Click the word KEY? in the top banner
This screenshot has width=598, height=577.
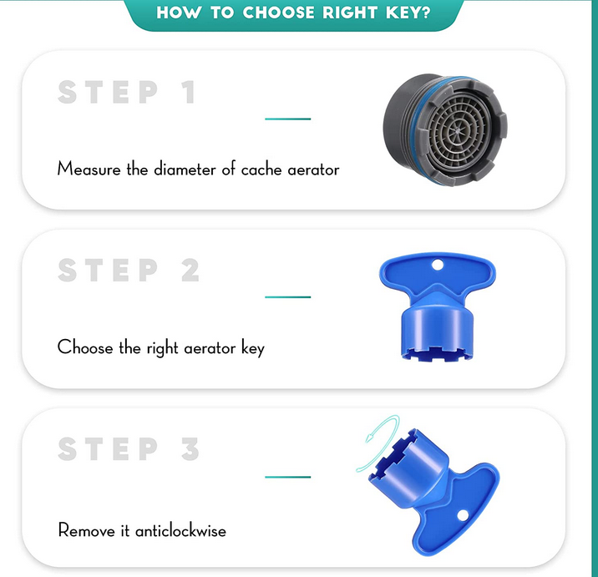click(x=408, y=13)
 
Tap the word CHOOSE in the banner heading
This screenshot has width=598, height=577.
click(x=279, y=13)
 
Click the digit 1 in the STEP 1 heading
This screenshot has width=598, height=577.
click(x=189, y=92)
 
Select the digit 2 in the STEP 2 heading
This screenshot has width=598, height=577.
click(x=190, y=270)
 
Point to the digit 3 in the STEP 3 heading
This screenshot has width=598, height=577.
click(x=190, y=448)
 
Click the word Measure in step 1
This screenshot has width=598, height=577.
click(x=89, y=169)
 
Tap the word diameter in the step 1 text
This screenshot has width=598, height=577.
click(x=185, y=169)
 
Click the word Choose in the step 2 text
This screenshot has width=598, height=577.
click(x=85, y=347)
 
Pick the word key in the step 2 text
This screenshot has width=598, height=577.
click(x=253, y=348)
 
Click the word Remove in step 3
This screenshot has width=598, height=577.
click(x=86, y=530)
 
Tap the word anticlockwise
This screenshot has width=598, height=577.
click(x=180, y=530)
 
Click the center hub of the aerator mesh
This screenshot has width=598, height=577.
click(x=456, y=131)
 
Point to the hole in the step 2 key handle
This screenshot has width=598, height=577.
click(x=438, y=264)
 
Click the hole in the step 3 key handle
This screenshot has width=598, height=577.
click(x=463, y=515)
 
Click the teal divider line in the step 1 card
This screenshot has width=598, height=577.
click(x=288, y=119)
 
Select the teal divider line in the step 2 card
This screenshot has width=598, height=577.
click(x=288, y=297)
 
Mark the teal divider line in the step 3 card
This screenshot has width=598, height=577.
click(x=288, y=477)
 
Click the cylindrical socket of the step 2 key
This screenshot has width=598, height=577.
click(x=437, y=332)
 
